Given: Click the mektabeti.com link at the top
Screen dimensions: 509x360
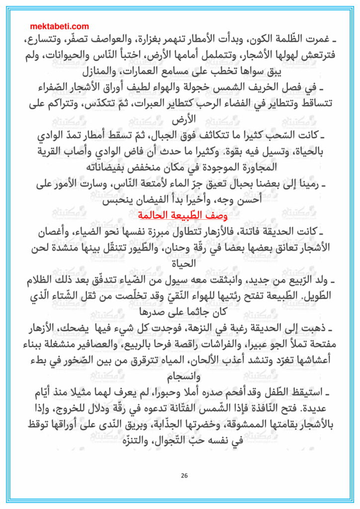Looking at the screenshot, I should [x=60, y=26].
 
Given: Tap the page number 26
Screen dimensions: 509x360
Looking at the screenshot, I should [x=184, y=475].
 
